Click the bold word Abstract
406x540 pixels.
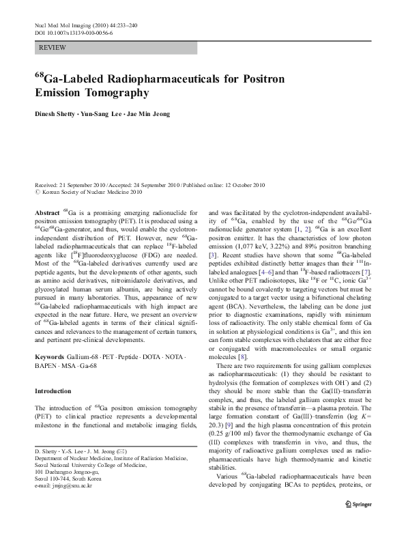(46, 214)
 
